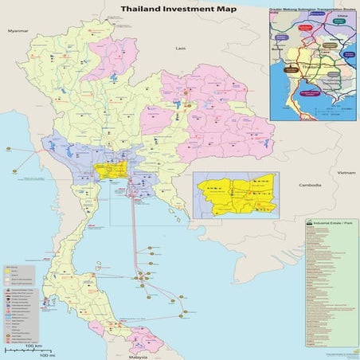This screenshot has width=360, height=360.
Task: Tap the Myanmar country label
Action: (x=13, y=29)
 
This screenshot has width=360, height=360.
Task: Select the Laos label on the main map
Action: (x=181, y=49)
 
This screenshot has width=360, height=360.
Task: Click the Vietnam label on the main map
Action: (x=344, y=172)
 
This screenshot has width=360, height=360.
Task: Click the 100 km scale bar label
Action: (x=32, y=346)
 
